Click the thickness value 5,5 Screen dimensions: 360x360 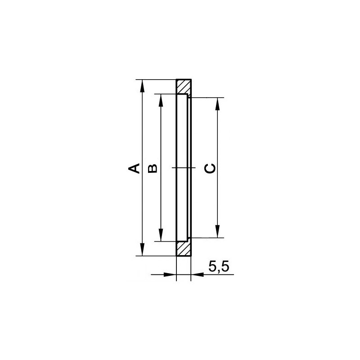pyautogui.click(x=219, y=267)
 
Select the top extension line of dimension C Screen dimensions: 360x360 pyautogui.click(x=207, y=97)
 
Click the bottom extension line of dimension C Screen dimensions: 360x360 pyautogui.click(x=207, y=237)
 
